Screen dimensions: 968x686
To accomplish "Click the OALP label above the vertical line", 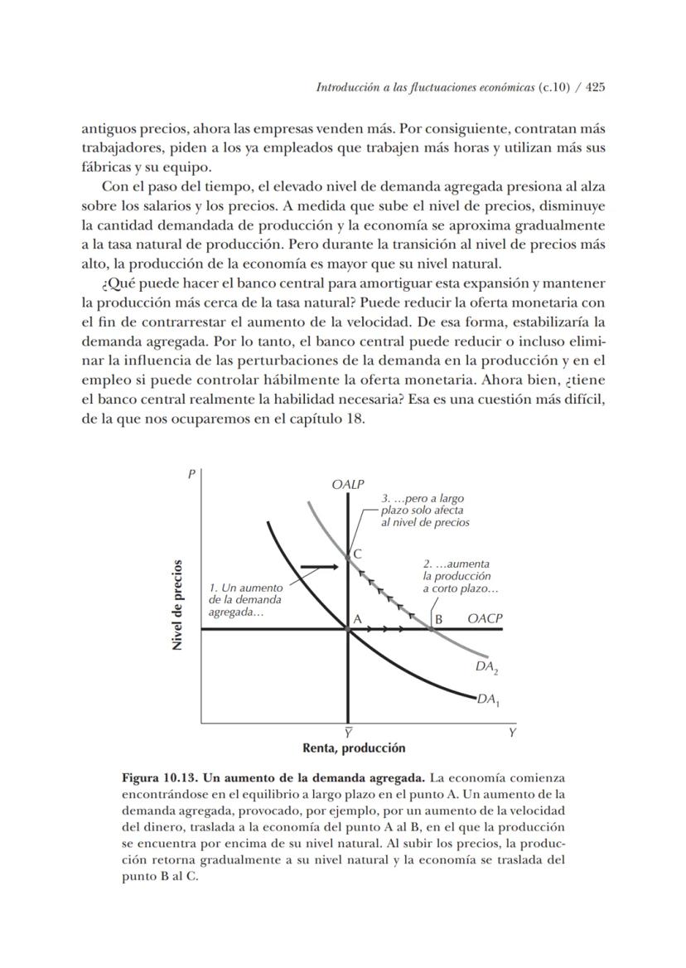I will pos(348,485).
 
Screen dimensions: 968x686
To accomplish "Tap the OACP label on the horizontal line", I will pos(485,618).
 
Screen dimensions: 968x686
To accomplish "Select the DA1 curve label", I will pos(488,700).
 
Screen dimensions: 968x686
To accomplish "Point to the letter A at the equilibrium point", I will pos(359,618).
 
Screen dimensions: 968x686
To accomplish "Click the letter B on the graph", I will pos(439,618).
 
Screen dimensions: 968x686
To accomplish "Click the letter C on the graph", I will pos(357,553).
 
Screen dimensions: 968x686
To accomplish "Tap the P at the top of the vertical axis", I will pos(191,474).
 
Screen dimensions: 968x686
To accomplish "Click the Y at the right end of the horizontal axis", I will pos(512,733).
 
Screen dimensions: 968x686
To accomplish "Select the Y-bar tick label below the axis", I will pos(348,733).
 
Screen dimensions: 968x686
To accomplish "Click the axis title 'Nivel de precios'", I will pos(177,605).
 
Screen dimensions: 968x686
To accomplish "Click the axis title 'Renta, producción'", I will pos(354,748).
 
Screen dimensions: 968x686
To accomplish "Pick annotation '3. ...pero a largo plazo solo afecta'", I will pos(424,511).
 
